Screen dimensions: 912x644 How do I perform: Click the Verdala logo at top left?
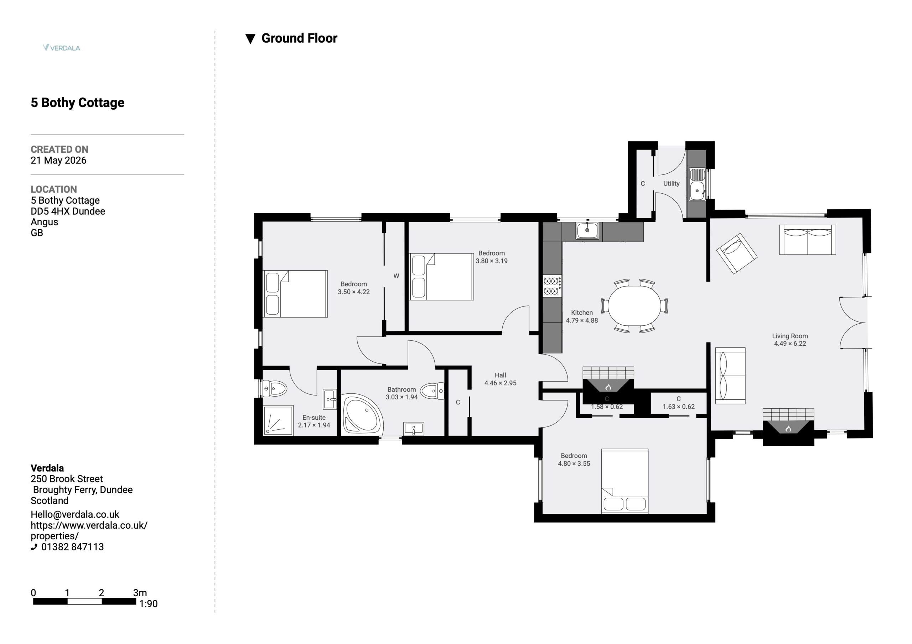pyautogui.click(x=62, y=48)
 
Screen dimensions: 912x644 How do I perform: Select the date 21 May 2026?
pyautogui.click(x=58, y=161)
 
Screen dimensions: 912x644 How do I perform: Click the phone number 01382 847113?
pyautogui.click(x=72, y=547)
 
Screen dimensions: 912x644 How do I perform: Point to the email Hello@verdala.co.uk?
pyautogui.click(x=75, y=514)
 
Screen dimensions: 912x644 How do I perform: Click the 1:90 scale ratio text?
pyautogui.click(x=148, y=603)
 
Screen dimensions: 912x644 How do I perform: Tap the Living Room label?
pyautogui.click(x=790, y=336)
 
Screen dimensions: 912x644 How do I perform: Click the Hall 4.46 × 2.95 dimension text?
pyautogui.click(x=501, y=383)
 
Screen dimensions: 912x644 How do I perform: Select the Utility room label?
pyautogui.click(x=671, y=183)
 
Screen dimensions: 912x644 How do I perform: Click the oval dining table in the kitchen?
pyautogui.click(x=634, y=306)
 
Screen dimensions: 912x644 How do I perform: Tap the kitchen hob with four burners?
pyautogui.click(x=552, y=286)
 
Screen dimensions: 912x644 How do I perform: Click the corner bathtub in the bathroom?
pyautogui.click(x=362, y=414)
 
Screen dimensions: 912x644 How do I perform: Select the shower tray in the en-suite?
pyautogui.click(x=278, y=420)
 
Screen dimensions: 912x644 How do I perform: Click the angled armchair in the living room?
pyautogui.click(x=737, y=253)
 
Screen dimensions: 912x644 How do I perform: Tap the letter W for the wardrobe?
pyautogui.click(x=396, y=276)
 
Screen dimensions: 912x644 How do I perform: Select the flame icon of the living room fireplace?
pyautogui.click(x=788, y=429)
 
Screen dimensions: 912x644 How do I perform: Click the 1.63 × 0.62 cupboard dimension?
pyautogui.click(x=678, y=407)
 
